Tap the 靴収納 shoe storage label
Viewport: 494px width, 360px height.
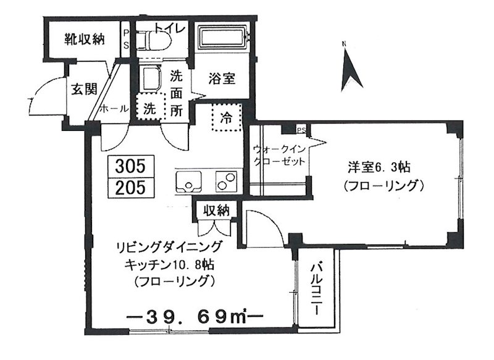point(85,40)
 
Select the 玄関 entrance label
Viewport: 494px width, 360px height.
point(83,89)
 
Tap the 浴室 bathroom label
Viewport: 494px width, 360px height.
point(220,79)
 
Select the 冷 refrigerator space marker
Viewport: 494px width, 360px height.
point(227,117)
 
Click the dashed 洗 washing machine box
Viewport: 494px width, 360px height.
point(150,109)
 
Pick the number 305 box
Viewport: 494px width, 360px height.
point(130,165)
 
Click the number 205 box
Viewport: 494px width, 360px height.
point(130,186)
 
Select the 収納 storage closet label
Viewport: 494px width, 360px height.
point(214,211)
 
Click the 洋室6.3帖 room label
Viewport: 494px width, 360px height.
point(376,167)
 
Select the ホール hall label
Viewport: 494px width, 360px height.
point(114,108)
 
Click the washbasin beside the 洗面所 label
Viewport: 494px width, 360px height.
point(151,80)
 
